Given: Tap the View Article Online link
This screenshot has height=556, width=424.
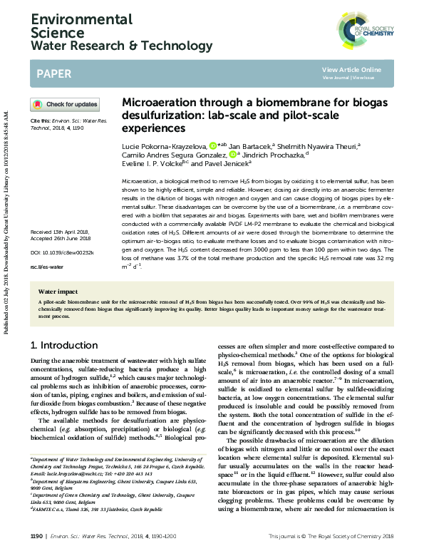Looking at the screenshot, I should (351, 69).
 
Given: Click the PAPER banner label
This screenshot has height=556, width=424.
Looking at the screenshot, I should (53, 73).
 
